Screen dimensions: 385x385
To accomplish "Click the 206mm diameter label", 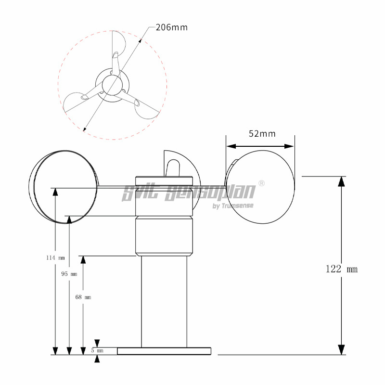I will (171, 27).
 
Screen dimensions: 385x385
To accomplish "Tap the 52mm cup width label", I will (262, 134).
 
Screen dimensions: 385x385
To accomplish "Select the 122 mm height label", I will (342, 269).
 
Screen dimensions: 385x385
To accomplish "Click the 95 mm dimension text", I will (69, 274).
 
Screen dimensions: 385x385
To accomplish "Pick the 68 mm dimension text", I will (83, 297).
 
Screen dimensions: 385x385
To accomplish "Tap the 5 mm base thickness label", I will (97, 350).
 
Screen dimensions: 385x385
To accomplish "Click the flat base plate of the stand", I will (164, 351).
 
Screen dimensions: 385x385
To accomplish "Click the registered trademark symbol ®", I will (261, 183).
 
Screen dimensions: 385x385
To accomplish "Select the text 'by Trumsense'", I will (232, 206).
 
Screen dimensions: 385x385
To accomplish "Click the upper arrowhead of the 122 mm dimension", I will (342, 181).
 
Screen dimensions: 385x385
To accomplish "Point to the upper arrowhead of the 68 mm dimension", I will (83, 260).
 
